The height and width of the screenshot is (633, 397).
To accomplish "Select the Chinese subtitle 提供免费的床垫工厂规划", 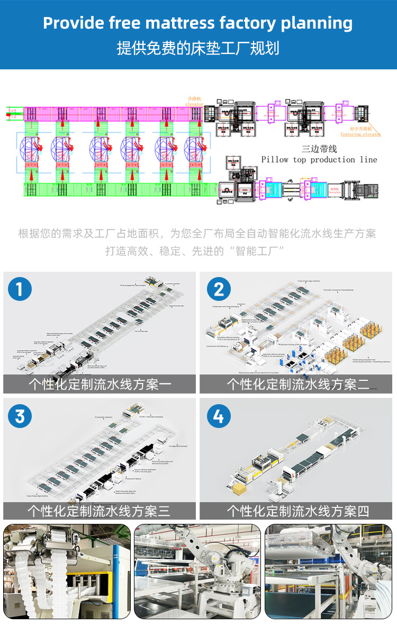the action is point(198,48).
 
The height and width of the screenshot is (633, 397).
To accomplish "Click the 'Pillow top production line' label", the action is point(319,159).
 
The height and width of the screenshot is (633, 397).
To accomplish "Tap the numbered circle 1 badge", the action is point(20,289).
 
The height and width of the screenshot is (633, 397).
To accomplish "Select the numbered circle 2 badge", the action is point(219,289).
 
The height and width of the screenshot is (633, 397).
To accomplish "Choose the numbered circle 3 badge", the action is point(20,416).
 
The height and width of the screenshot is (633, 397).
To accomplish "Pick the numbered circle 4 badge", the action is point(219,416).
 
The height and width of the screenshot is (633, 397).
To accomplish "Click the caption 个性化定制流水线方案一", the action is point(100,384).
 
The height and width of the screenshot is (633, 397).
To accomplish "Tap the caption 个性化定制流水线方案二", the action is point(298,384).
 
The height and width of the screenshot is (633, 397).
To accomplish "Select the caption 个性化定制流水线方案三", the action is point(100,511).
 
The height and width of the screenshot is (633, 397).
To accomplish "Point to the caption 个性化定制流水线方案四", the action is point(298,511).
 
